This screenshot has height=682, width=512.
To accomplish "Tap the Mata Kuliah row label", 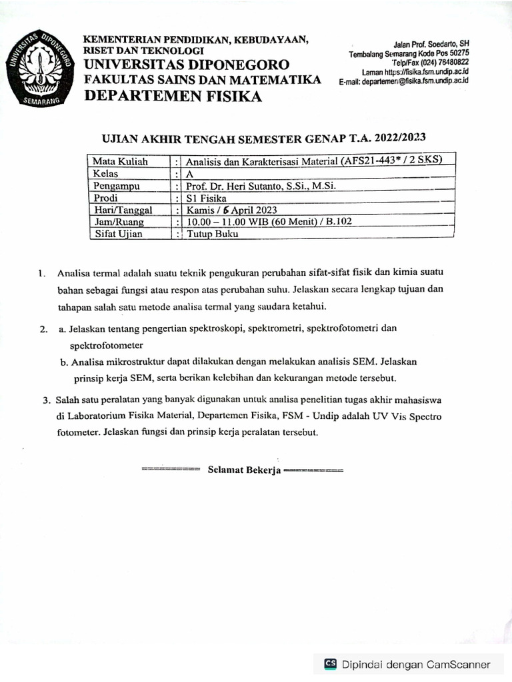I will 121,162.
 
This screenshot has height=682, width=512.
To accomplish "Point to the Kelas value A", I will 190,174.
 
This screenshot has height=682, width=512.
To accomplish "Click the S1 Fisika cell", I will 206,198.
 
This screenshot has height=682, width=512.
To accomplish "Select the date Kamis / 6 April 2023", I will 227,210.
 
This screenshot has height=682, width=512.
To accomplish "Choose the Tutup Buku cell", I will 213,234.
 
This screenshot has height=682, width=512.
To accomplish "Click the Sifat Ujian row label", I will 119,234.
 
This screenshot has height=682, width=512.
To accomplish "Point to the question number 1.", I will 41,273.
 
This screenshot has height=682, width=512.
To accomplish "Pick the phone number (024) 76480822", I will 442,63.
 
